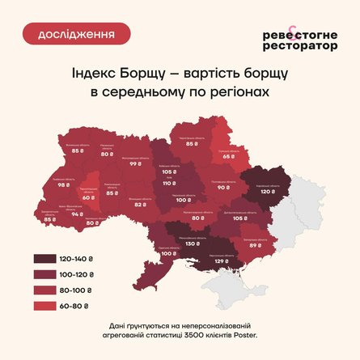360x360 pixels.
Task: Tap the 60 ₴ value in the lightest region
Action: point(88,197)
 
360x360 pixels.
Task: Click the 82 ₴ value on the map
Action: point(139,205)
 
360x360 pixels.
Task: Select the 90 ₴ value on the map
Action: point(222,187)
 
